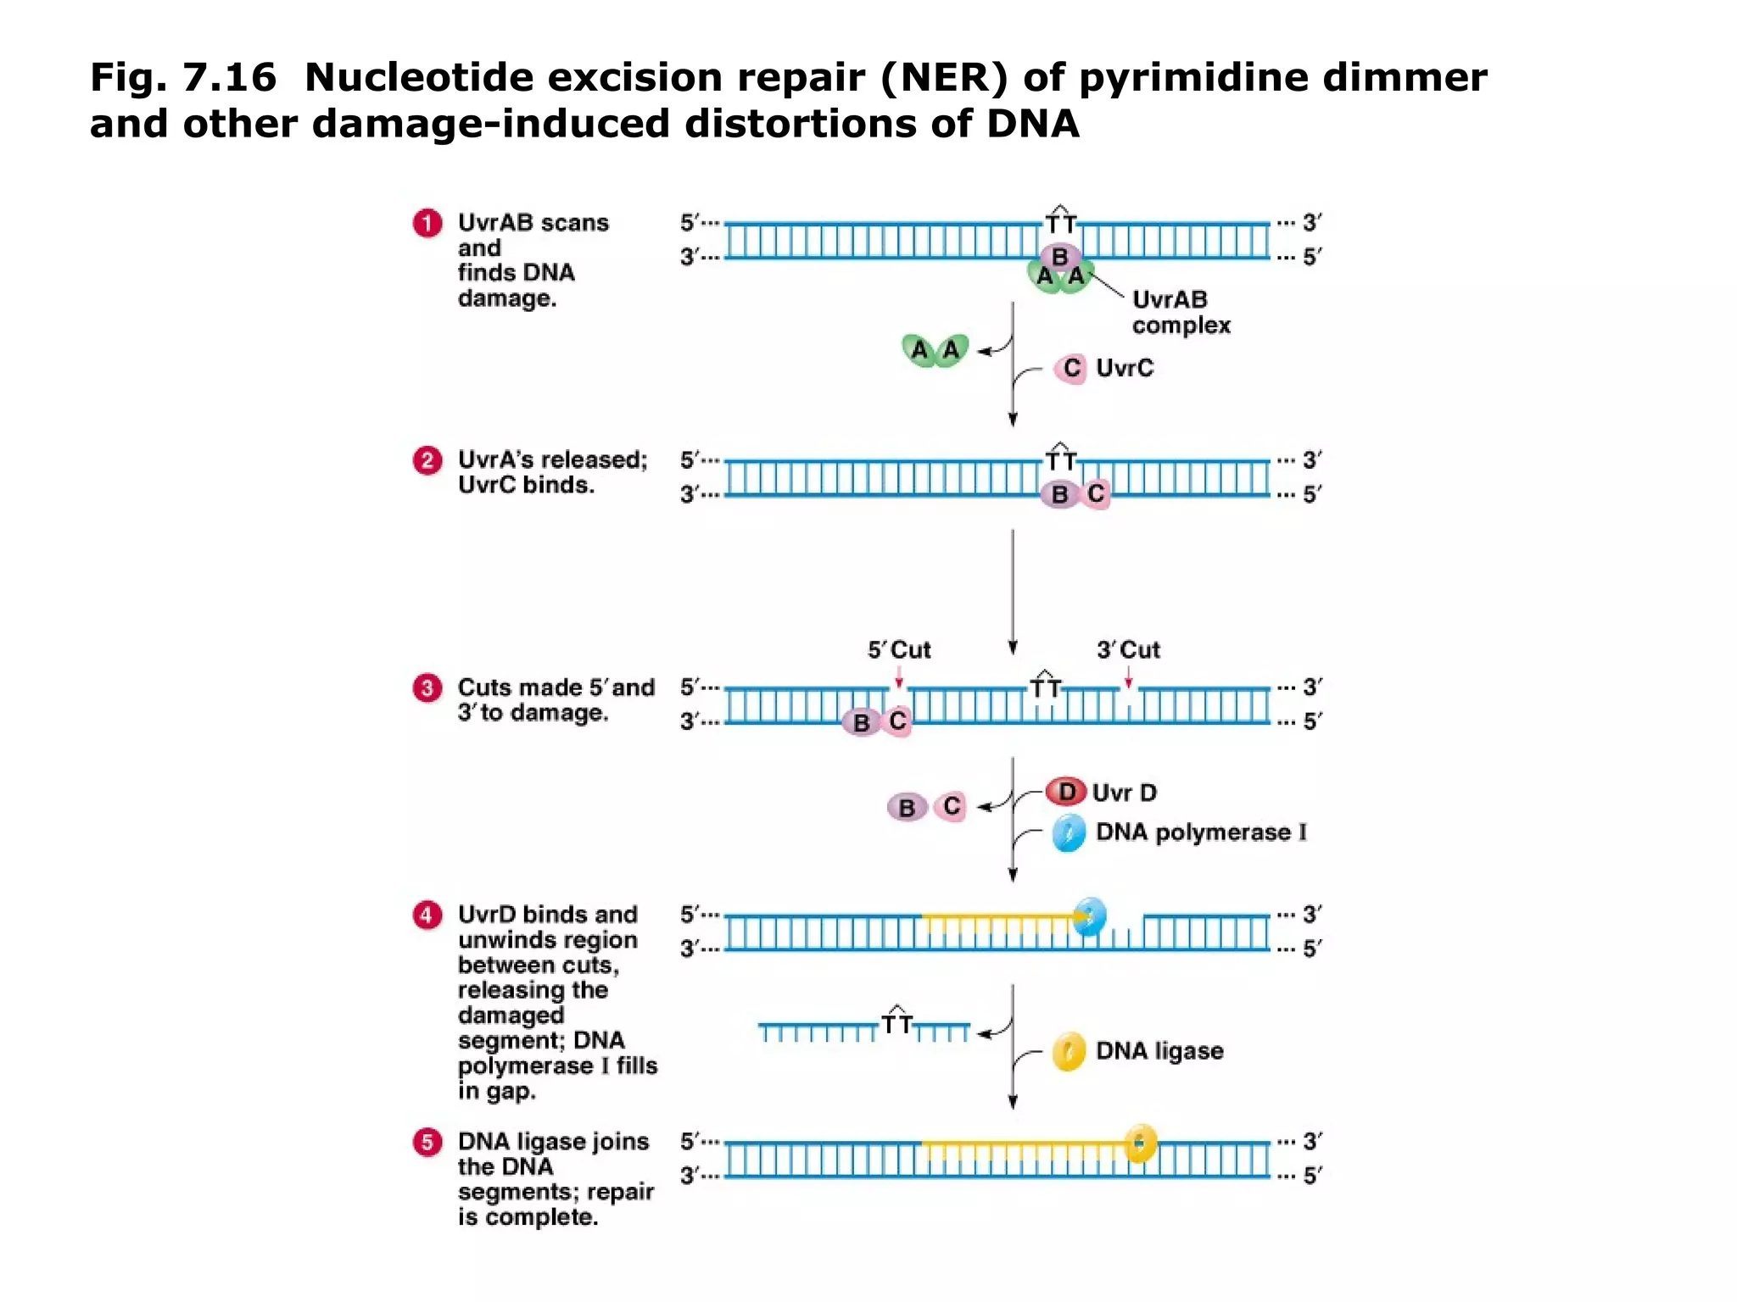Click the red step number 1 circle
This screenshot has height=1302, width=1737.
[x=427, y=223]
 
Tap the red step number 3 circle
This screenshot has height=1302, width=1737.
[x=427, y=687]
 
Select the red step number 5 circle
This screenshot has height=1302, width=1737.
[x=427, y=1142]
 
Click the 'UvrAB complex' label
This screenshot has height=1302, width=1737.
[x=1180, y=312]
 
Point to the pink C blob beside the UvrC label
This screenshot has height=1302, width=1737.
[x=1070, y=369]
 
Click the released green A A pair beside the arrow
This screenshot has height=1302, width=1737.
[x=935, y=349]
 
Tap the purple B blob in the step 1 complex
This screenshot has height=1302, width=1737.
[x=1059, y=255]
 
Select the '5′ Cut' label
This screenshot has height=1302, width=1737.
[x=899, y=650]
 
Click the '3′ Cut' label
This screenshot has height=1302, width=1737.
[x=1128, y=650]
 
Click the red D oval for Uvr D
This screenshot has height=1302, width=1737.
[x=1066, y=792]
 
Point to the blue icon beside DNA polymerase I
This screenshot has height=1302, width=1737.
[x=1069, y=833]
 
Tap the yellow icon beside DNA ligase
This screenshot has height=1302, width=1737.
[x=1069, y=1052]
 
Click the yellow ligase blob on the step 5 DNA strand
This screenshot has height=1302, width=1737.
[x=1140, y=1143]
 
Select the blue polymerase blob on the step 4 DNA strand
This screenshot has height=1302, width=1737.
[x=1089, y=916]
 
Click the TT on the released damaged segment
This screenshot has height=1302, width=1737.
[x=896, y=1023]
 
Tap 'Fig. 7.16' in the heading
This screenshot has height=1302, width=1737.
[x=183, y=77]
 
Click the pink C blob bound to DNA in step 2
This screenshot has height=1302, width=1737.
[x=1095, y=494]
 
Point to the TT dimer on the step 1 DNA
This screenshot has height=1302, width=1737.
[x=1059, y=222]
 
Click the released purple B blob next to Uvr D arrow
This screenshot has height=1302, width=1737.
[x=907, y=808]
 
